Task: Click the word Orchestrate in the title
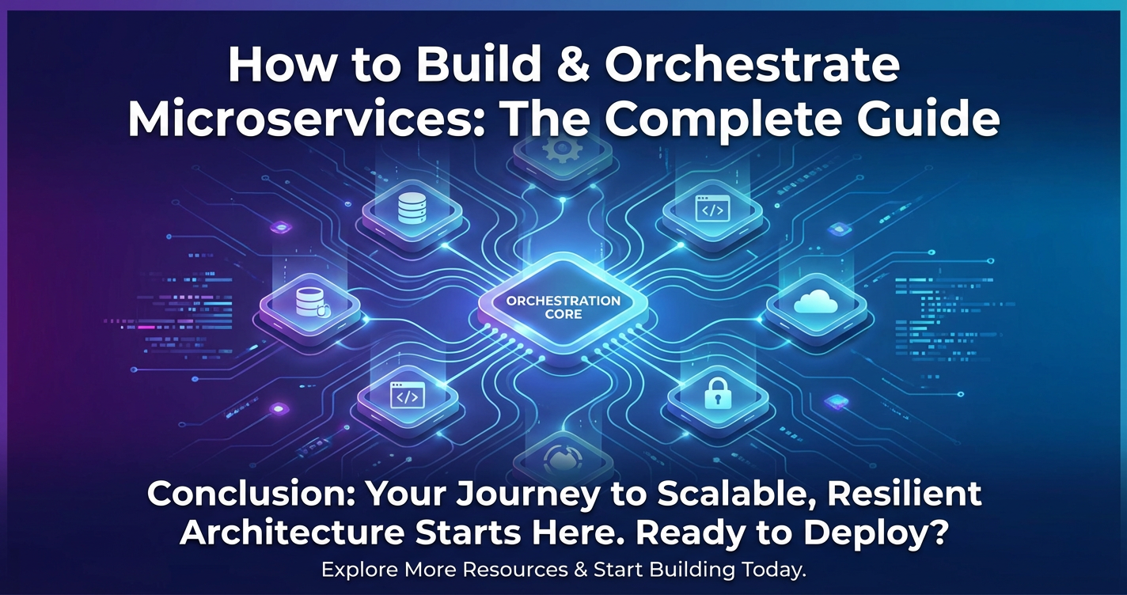(752, 66)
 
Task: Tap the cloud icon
(815, 303)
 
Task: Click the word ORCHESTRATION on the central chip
(563, 301)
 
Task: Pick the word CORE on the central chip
(563, 314)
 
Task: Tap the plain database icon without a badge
(412, 208)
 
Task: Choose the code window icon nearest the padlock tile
(712, 209)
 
